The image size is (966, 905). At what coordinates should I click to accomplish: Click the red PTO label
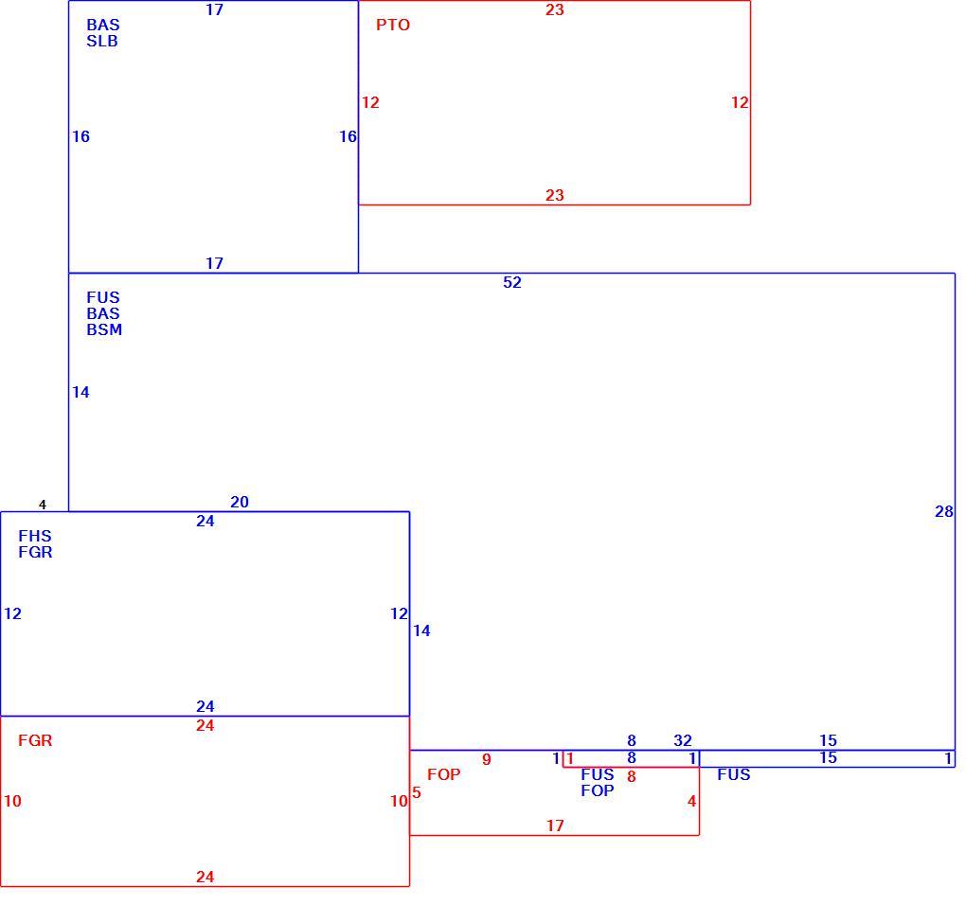click(392, 26)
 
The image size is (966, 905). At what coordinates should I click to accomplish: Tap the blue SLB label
click(101, 42)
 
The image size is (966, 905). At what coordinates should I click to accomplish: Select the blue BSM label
click(104, 330)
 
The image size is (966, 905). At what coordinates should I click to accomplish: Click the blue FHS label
click(35, 536)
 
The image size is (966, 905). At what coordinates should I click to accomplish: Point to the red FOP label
click(443, 774)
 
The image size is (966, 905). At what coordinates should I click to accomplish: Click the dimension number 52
click(512, 283)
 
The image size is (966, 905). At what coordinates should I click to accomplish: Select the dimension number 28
click(944, 511)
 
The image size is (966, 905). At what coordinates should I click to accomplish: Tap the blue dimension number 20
click(239, 503)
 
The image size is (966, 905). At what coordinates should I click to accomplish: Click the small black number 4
click(43, 505)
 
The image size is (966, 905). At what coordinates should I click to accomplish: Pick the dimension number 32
click(683, 740)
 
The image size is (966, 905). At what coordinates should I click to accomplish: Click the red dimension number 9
click(487, 760)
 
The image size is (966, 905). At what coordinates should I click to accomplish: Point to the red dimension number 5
click(417, 792)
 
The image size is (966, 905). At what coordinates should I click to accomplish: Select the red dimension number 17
click(555, 825)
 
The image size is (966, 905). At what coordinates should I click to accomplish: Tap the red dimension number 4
click(692, 801)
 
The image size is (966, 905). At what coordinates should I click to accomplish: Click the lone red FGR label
click(35, 740)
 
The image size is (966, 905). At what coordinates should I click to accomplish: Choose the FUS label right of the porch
click(734, 774)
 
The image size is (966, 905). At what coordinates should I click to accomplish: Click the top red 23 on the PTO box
click(554, 9)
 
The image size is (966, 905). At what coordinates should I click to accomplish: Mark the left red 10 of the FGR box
click(12, 801)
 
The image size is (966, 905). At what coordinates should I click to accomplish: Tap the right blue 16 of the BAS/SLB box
click(349, 136)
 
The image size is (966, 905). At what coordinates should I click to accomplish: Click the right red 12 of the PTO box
click(740, 103)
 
